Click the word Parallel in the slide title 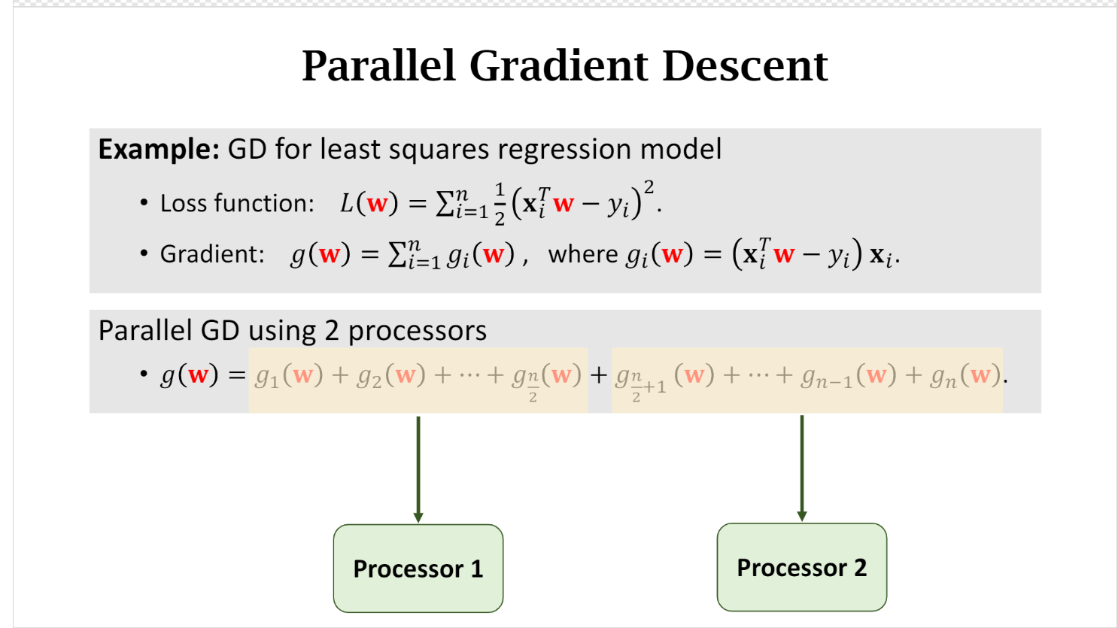[x=378, y=65]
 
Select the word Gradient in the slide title [x=558, y=65]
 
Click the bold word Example [x=158, y=149]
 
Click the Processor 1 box [x=418, y=568]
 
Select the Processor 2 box [x=801, y=567]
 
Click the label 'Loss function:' [x=237, y=203]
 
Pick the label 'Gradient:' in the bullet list [x=212, y=254]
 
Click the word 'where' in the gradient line [x=583, y=254]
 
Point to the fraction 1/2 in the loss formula [x=500, y=204]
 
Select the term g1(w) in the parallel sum [x=289, y=375]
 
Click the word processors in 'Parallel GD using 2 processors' [x=418, y=330]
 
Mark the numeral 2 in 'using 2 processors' [x=332, y=330]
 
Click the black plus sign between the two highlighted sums [x=599, y=375]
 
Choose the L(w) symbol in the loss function [x=369, y=203]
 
